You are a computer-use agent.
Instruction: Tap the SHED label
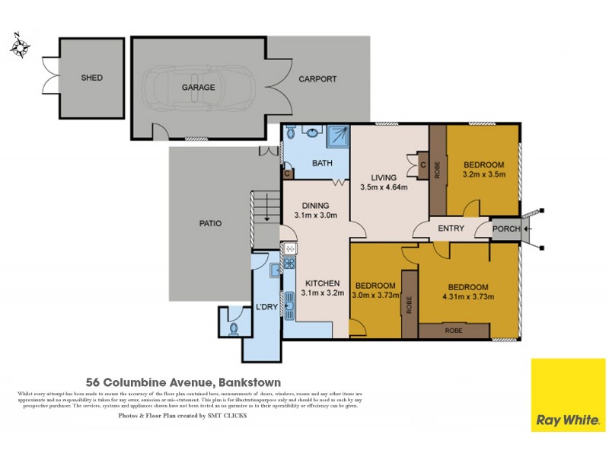coord(91,78)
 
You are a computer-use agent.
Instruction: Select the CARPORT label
coord(317,78)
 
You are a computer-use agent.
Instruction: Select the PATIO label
coord(210,223)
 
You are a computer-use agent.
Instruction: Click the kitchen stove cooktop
coord(289,264)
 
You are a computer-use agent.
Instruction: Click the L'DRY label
coord(266,306)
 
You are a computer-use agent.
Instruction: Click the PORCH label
coord(506,228)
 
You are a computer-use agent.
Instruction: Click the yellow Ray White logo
coord(567,395)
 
